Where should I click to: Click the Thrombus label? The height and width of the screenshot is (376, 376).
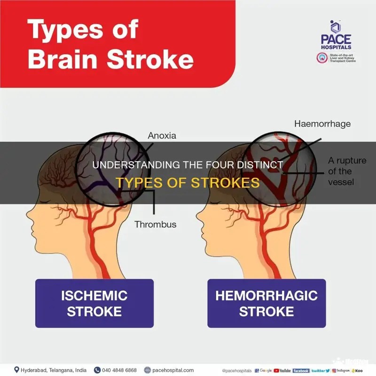[x=156, y=225]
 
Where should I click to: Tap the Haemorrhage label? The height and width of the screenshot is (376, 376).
[x=322, y=124]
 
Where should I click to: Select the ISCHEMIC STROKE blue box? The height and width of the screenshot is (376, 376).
[x=94, y=303]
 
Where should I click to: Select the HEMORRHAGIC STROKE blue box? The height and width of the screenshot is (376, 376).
[x=266, y=303]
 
